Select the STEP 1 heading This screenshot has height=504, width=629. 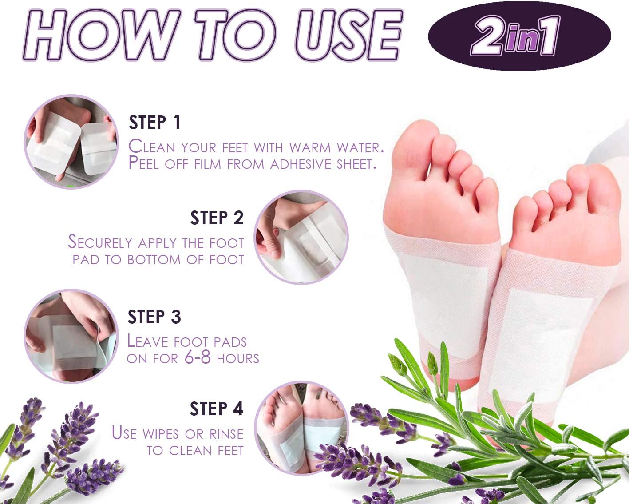pyautogui.click(x=154, y=123)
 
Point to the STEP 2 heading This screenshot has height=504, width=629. pyautogui.click(x=217, y=218)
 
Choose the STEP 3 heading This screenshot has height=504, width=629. pyautogui.click(x=154, y=317)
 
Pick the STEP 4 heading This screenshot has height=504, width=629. pyautogui.click(x=216, y=409)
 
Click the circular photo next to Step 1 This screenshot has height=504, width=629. pyautogui.click(x=71, y=142)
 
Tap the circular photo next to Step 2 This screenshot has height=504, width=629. pyautogui.click(x=301, y=237)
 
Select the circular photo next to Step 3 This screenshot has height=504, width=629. pyautogui.click(x=71, y=336)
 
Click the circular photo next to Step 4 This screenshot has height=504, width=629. pyautogui.click(x=301, y=428)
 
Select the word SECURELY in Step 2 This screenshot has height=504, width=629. pyautogui.click(x=100, y=242)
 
